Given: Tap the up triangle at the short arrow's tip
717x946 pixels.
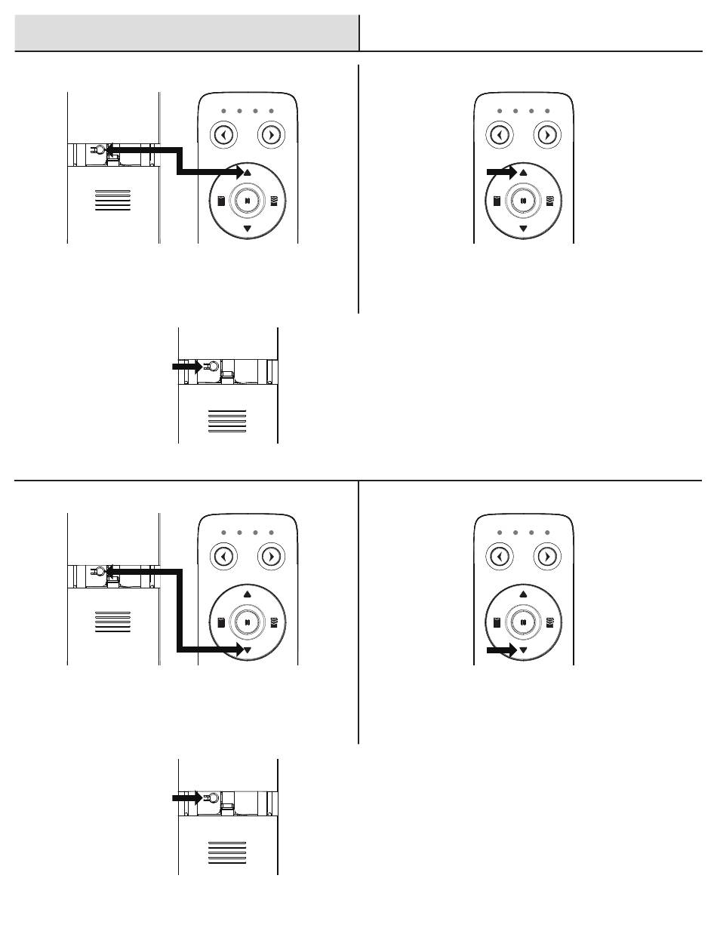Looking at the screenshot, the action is tap(523, 174).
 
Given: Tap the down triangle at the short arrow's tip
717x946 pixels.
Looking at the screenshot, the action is tap(523, 650).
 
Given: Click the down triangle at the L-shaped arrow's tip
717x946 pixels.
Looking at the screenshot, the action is tap(248, 650).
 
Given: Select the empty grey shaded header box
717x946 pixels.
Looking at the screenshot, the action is tap(186, 32).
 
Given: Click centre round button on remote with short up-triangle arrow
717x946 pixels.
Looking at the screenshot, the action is tap(523, 201).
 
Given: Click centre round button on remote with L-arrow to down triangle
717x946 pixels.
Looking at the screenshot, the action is tap(248, 622).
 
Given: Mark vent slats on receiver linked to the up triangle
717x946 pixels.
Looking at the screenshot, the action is tap(113, 200).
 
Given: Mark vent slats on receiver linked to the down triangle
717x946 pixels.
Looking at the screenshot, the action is tap(113, 622).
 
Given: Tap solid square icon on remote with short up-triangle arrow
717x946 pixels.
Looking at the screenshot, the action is tap(497, 201).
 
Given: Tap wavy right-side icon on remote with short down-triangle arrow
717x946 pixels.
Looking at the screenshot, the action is tap(549, 622).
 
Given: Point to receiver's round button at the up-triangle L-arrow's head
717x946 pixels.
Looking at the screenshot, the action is tap(98, 150).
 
